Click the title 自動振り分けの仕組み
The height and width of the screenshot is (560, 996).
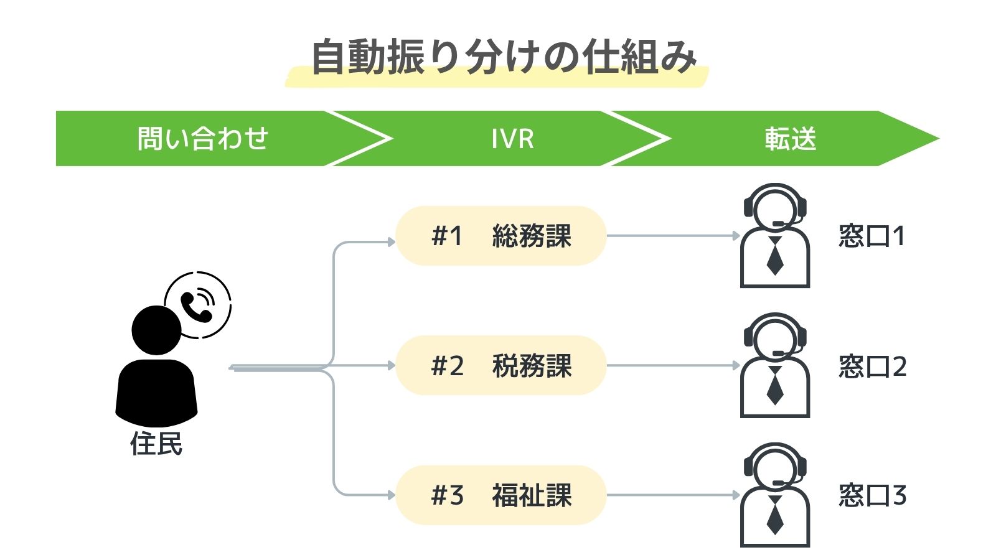503,57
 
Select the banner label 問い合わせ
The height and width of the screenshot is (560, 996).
202,138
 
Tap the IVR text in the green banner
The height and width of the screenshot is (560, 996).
512,139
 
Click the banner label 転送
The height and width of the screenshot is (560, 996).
790,139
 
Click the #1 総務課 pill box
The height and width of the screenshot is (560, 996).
501,236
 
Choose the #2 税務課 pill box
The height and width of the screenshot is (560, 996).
501,365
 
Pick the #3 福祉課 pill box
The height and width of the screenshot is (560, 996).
501,495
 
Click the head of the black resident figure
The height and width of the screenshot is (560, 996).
156,330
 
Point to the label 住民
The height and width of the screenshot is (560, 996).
156,444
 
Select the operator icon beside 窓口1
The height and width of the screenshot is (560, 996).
775,236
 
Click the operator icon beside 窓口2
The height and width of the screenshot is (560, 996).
775,366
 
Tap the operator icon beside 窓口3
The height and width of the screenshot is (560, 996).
775,496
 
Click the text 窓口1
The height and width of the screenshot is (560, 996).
872,236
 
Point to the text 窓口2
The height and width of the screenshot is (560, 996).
872,366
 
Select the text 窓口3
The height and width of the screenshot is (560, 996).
872,496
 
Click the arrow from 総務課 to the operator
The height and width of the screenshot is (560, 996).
672,236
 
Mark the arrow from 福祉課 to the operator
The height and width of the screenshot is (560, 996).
672,495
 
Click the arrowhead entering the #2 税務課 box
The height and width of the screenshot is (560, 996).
392,365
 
